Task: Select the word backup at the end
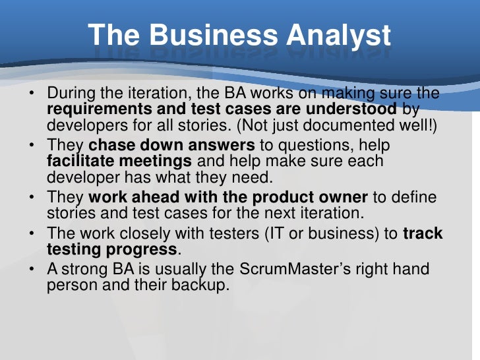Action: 202,287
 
